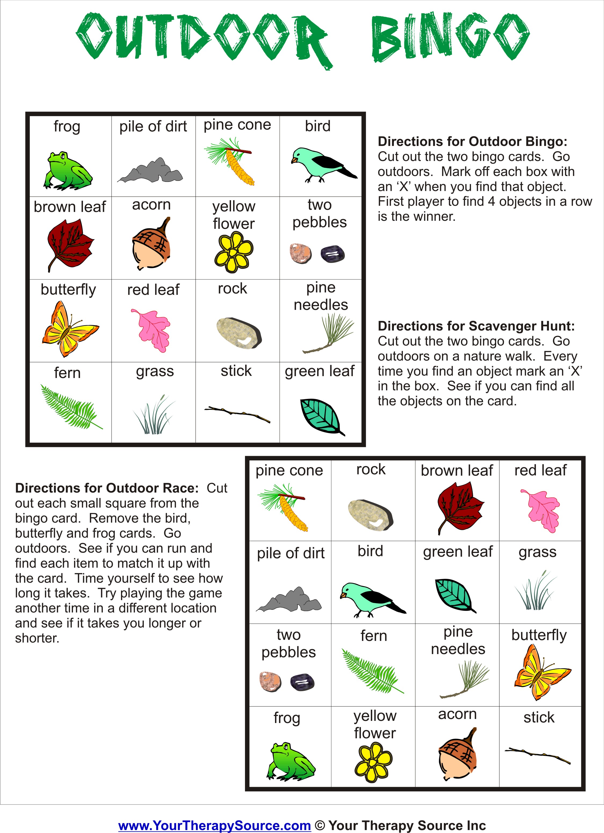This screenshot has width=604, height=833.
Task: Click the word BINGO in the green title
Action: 450,37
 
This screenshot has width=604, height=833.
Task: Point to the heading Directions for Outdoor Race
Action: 107,488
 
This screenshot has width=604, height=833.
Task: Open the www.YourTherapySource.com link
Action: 215,825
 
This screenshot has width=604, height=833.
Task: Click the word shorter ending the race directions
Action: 37,638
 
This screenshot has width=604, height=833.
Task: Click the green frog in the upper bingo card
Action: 68,171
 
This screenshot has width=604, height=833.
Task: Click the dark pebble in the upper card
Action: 332,254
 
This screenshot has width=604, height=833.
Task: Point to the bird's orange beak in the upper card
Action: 294,160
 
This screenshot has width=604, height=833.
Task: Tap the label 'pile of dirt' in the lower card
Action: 291,553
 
